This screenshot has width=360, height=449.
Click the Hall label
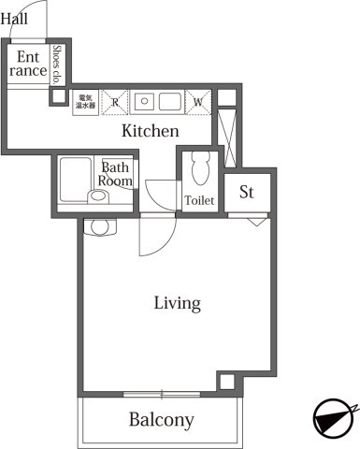(x=15, y=17)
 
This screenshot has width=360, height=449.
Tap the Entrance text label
(x=28, y=64)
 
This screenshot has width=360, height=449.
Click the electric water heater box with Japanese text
(x=85, y=102)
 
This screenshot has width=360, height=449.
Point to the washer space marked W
(x=198, y=102)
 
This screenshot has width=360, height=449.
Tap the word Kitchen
(x=150, y=132)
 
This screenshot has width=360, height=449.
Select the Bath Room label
(x=116, y=171)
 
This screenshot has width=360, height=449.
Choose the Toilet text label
(x=199, y=201)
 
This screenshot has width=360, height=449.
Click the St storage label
(x=248, y=194)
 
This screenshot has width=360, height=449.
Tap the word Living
(x=178, y=303)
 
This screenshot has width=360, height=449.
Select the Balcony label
(x=161, y=420)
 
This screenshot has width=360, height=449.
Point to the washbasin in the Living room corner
(x=100, y=226)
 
